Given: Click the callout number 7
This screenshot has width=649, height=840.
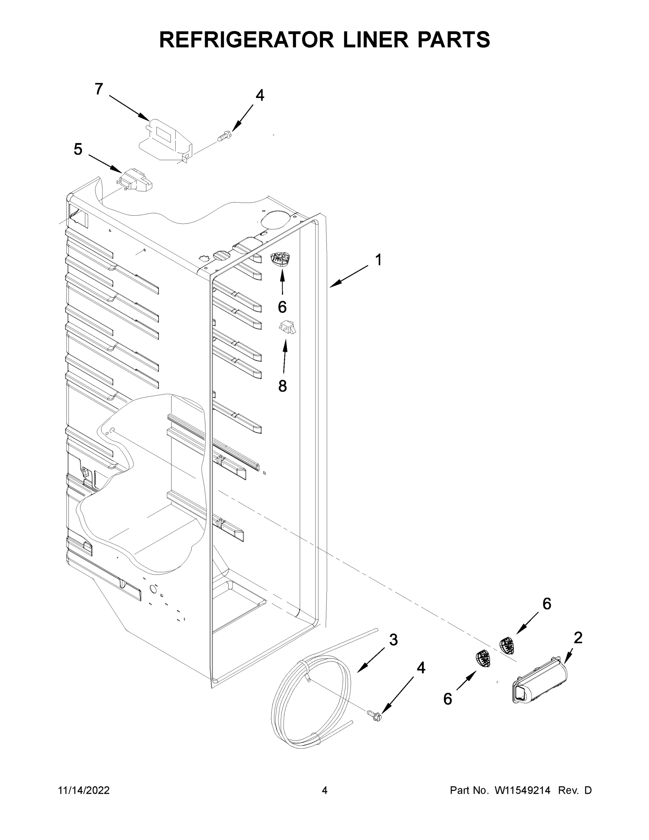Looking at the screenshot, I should pos(99,89).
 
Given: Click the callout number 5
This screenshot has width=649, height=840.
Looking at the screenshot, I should pos(78,149).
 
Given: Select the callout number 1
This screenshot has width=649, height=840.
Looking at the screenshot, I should pos(379,260).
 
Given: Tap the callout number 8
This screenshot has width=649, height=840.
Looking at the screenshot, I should pos(283,386).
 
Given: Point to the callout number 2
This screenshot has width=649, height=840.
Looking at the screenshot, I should pos(578,638).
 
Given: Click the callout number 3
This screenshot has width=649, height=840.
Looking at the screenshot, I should pos(393,639).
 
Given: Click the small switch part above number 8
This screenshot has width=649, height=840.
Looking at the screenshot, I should pos(287,327).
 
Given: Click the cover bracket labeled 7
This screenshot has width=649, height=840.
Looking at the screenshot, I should pos(165,140).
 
